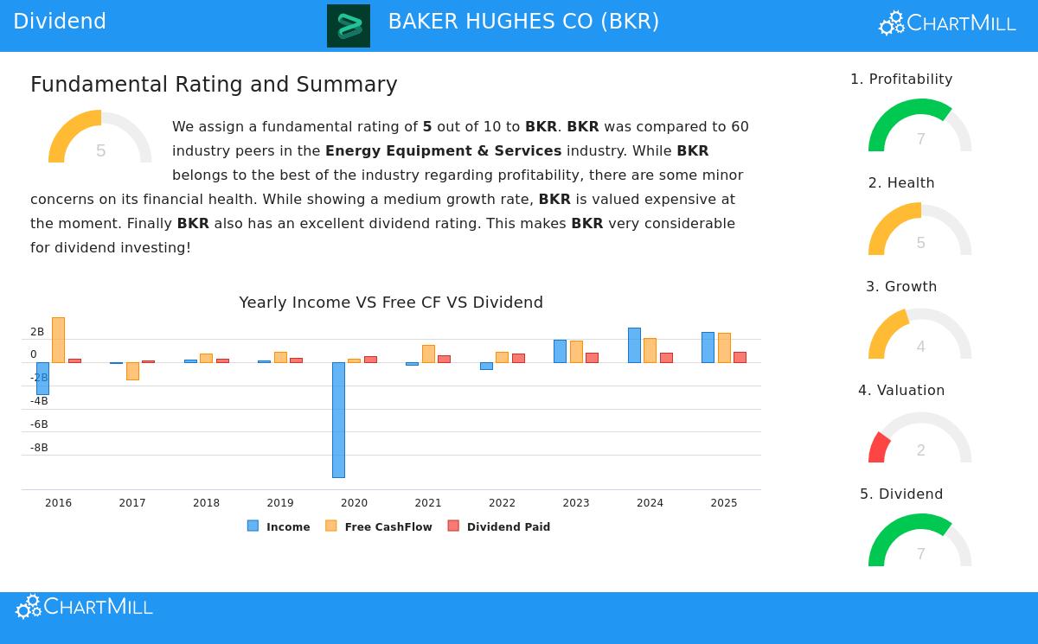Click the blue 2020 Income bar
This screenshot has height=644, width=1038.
point(338,419)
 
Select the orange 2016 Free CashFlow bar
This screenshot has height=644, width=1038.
point(58,340)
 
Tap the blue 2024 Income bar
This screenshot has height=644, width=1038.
point(634,345)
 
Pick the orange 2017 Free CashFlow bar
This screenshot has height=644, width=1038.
point(132,371)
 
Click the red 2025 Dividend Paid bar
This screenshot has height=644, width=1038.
point(740,357)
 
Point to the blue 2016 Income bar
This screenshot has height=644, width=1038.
point(42,378)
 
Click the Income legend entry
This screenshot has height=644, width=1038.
point(279,526)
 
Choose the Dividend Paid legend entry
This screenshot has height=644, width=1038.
point(499,526)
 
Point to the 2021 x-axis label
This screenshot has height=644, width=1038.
point(428,503)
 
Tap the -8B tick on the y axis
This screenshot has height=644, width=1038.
point(39,448)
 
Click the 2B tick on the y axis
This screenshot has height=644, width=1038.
point(37,332)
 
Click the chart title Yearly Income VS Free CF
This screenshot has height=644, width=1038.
point(391,303)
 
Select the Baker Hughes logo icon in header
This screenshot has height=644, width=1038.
point(349,26)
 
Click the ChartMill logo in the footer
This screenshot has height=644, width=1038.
point(84,607)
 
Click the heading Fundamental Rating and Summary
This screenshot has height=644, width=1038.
point(214,85)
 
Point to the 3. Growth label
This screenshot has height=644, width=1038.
point(901,287)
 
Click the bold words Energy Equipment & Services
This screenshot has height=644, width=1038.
point(443,151)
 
